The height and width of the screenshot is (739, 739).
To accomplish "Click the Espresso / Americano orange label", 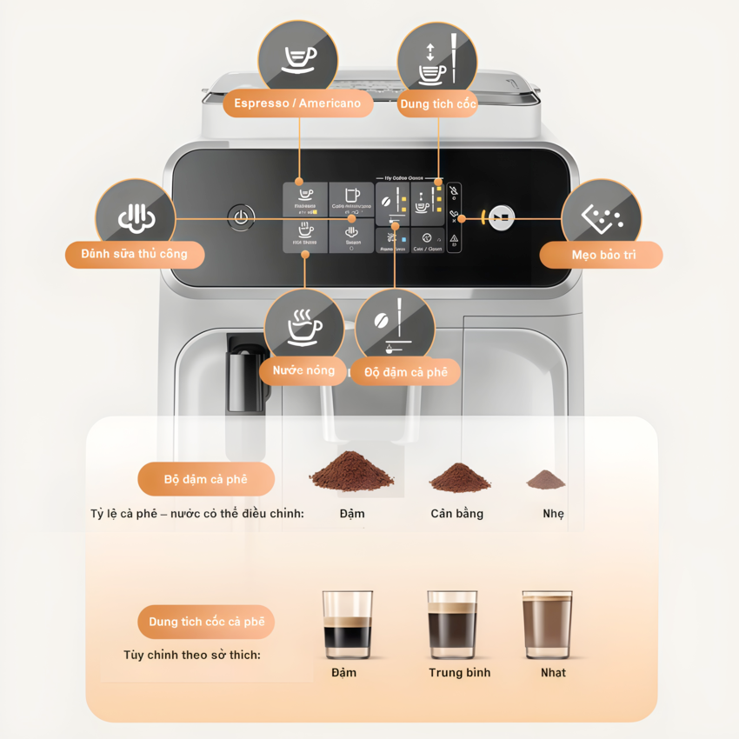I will tap(297, 103).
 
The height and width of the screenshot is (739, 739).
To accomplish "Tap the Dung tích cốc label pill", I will tap(438, 104).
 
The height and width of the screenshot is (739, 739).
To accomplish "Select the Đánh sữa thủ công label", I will tap(136, 255).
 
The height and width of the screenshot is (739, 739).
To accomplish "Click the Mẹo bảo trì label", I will tap(601, 255).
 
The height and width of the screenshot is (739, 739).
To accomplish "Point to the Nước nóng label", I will tap(303, 370).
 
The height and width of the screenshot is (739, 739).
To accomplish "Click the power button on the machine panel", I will tap(241, 217).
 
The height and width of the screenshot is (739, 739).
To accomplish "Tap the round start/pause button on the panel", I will tap(501, 217).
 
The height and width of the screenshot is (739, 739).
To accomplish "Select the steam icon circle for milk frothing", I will tap(136, 218).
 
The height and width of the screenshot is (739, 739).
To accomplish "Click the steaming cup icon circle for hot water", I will tap(304, 328).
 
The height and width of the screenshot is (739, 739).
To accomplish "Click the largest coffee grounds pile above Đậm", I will tap(351, 472).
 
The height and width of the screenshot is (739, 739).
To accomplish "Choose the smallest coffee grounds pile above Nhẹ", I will tap(545, 479).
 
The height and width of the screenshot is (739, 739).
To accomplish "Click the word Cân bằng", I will tap(456, 514).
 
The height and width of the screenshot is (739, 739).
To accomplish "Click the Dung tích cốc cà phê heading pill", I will tap(206, 622).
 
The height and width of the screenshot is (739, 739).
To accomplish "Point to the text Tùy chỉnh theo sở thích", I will tap(191, 655).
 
